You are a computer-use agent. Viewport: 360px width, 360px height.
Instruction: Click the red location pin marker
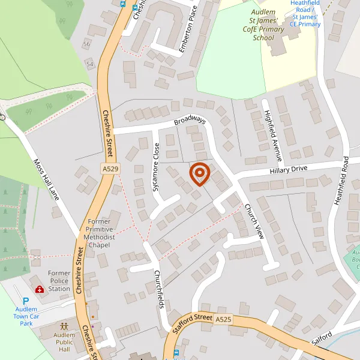click(x=199, y=173)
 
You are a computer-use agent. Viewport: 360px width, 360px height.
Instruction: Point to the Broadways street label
click(x=190, y=121)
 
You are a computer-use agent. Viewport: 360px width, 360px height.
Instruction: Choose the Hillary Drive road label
click(x=288, y=170)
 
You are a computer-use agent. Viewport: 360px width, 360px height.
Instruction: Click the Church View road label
click(x=254, y=221)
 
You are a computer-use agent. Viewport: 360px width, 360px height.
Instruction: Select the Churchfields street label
click(x=159, y=287)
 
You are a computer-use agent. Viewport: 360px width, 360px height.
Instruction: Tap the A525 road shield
click(x=223, y=320)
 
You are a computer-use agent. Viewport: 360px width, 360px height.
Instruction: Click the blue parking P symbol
click(x=26, y=302)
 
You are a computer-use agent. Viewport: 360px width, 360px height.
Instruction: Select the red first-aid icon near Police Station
click(x=40, y=289)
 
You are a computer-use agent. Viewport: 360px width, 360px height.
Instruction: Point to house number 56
click(x=87, y=44)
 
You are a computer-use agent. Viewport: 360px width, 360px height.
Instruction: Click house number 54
click(x=90, y=64)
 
